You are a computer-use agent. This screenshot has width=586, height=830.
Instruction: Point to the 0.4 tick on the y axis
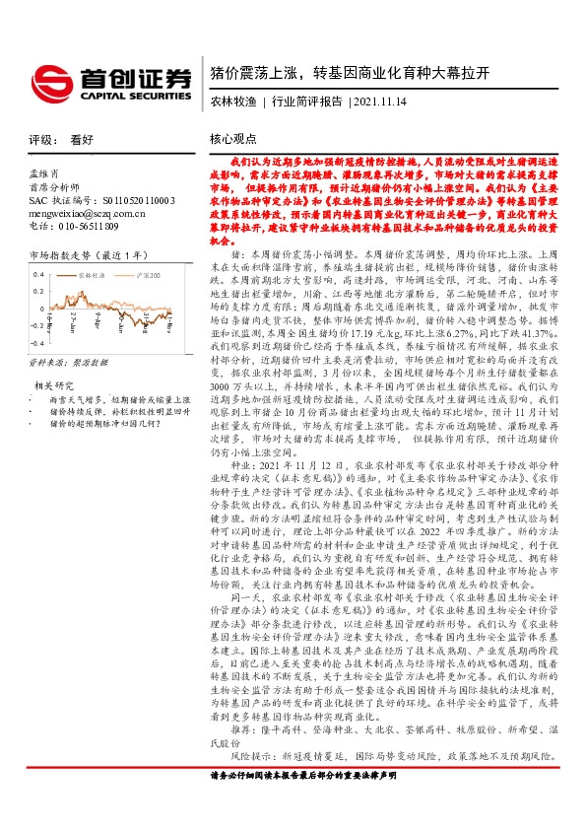pyautogui.click(x=37, y=271)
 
